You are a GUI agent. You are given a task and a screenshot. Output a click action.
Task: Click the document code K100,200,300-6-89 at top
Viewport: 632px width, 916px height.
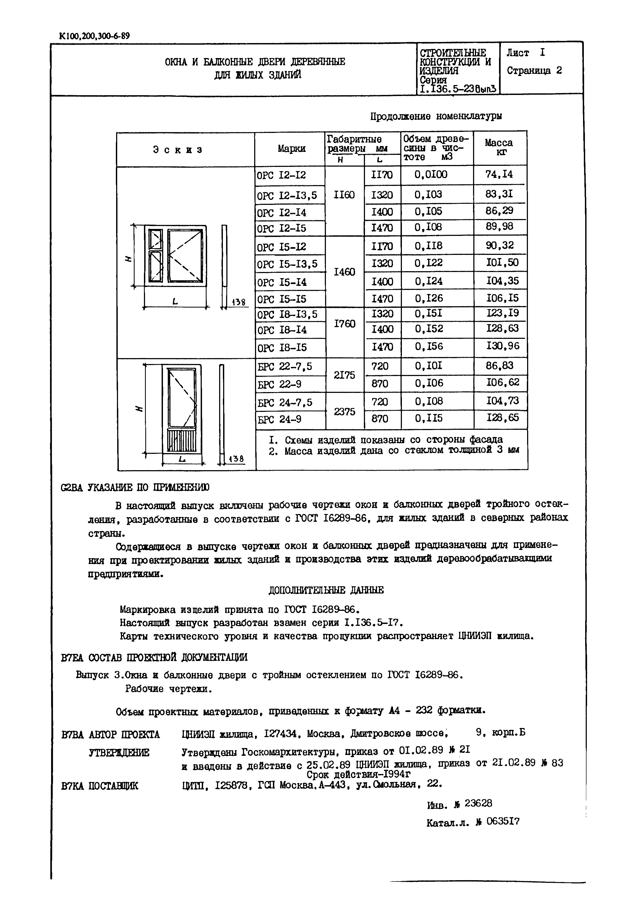(94, 36)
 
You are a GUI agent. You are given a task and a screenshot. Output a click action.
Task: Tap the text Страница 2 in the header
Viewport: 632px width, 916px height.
(534, 71)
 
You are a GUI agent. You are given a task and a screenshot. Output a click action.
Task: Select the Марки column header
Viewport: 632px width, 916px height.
(291, 149)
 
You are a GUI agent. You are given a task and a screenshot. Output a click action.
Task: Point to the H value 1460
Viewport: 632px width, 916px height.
(344, 272)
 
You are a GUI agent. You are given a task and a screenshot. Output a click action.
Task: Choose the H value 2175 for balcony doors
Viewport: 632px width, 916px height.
(344, 375)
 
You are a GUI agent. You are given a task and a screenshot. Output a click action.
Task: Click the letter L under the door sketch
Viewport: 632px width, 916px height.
(182, 459)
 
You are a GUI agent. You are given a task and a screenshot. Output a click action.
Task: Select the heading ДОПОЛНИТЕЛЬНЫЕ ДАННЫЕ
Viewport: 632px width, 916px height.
(326, 590)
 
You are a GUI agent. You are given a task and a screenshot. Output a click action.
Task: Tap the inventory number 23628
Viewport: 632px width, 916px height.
(478, 804)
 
